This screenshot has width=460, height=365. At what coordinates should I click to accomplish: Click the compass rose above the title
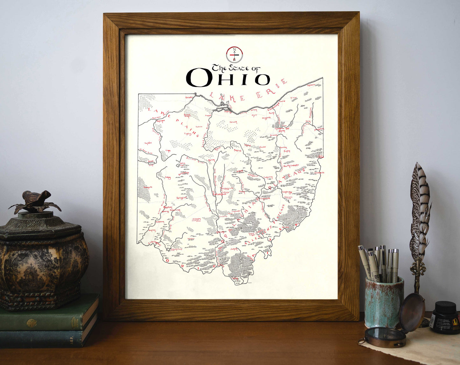[x=235, y=54]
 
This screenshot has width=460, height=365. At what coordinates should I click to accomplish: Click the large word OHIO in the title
[x=228, y=78]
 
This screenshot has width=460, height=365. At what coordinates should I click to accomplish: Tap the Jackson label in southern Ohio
[x=234, y=249]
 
